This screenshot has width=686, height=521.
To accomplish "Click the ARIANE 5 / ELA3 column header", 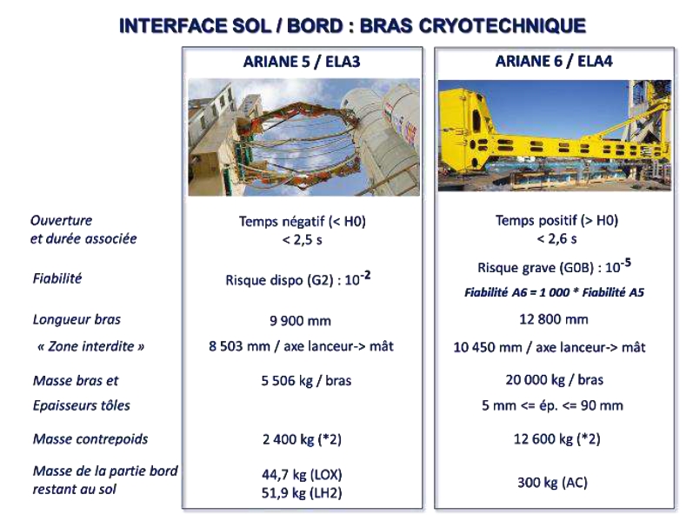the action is [302, 62].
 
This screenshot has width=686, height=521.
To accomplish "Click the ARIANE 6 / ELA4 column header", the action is [554, 61].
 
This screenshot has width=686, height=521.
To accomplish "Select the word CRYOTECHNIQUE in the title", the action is [503, 25].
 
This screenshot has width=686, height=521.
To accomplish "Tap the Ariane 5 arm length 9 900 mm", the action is [300, 321].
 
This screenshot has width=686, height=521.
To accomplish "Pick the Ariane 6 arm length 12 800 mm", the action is [554, 319].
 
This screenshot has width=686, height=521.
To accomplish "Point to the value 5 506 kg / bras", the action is [306, 380].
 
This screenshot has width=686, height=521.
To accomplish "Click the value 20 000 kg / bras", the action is [555, 379].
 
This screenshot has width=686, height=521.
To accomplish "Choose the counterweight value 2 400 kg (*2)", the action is [302, 438].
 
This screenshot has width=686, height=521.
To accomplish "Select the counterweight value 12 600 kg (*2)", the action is [556, 438].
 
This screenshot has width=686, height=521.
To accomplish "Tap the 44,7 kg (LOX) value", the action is [302, 475].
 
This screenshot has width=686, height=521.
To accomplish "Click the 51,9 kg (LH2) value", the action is [302, 493].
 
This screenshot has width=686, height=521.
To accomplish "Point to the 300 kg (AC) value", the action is [552, 483].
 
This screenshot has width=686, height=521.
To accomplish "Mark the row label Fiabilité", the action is [57, 278].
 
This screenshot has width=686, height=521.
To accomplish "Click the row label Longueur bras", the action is [77, 319].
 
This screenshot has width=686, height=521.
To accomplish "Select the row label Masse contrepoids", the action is [90, 438].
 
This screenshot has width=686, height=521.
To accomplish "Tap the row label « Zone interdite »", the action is [91, 346].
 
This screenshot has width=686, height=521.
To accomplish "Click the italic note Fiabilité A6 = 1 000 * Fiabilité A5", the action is [554, 292].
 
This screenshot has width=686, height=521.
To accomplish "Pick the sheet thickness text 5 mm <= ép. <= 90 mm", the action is [552, 405].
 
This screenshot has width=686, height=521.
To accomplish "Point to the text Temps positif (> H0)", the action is [556, 220].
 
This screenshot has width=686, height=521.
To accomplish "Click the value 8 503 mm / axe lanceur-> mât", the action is [301, 346].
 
